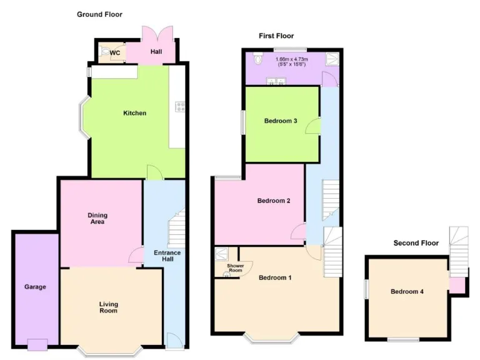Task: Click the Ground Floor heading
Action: [x=99, y=14]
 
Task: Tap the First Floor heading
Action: [x=276, y=36]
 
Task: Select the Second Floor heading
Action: [x=416, y=243]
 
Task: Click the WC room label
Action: [x=115, y=52]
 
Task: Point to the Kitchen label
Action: [x=134, y=113]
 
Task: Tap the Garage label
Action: [x=35, y=287]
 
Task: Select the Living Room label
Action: [x=108, y=307]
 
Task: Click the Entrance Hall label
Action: [x=167, y=256]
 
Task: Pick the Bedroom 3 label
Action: [x=280, y=121]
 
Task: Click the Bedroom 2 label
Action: [x=274, y=201]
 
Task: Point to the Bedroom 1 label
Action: [x=276, y=277]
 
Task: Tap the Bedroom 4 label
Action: [x=407, y=291]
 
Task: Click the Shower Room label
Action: [x=235, y=269]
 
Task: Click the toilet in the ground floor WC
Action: [x=104, y=52]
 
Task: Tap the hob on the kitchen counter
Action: [x=180, y=106]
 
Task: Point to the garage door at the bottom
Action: [x=37, y=344]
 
